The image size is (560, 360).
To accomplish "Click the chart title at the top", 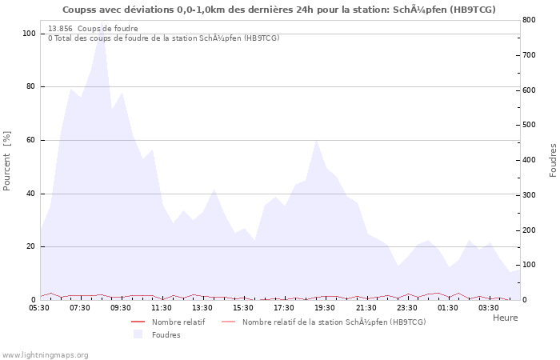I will click(x=279, y=10).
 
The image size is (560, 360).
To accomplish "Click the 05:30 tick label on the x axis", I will click(x=39, y=307).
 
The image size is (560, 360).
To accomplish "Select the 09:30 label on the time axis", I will click(x=121, y=307).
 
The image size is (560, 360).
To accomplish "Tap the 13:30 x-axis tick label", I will click(x=202, y=307).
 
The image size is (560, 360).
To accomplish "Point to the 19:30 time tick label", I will click(x=325, y=307).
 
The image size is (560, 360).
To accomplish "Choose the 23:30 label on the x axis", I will click(x=406, y=307).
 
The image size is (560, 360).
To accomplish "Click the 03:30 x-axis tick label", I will click(x=489, y=307).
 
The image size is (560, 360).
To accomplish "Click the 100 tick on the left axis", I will click(x=29, y=34).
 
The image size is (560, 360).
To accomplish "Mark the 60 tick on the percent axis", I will click(x=30, y=140).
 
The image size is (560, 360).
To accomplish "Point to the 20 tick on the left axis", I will click(x=30, y=246).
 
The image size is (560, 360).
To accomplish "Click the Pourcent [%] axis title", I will click(x=7, y=161).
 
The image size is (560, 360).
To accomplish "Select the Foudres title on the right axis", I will click(x=553, y=161).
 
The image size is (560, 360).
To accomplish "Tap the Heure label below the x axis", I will click(x=505, y=318).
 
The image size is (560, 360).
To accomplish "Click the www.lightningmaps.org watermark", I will click(x=45, y=354).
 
